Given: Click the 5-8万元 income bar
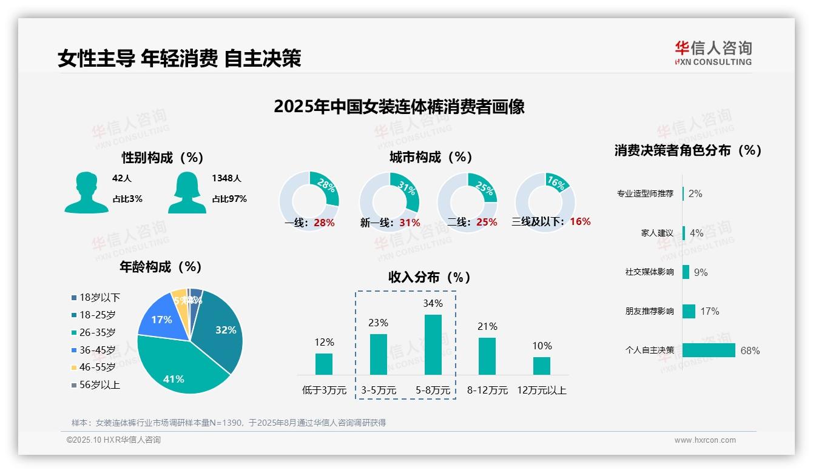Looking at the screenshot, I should pos(433,344).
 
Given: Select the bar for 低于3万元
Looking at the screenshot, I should pos(324,364).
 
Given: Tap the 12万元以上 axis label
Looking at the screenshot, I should pos(541,391).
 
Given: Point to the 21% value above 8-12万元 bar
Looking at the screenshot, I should pos(487,326).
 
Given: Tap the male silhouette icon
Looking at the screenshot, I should pos(86,192).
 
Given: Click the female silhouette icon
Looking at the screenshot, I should pos(187,192).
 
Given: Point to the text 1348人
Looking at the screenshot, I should pos(226,178).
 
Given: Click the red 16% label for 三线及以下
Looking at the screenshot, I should pos(580,221).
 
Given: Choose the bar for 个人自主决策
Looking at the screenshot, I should pos(709,350).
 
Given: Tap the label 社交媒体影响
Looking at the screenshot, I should pos(649,272).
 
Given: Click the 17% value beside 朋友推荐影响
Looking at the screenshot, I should pos(709,311).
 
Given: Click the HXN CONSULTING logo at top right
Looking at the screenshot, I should pos(713,53).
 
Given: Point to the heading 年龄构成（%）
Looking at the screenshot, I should pos(160,267).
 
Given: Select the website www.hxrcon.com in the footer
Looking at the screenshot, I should pos(705,440).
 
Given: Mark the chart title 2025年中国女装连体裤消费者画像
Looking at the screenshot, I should pos(399,107).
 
